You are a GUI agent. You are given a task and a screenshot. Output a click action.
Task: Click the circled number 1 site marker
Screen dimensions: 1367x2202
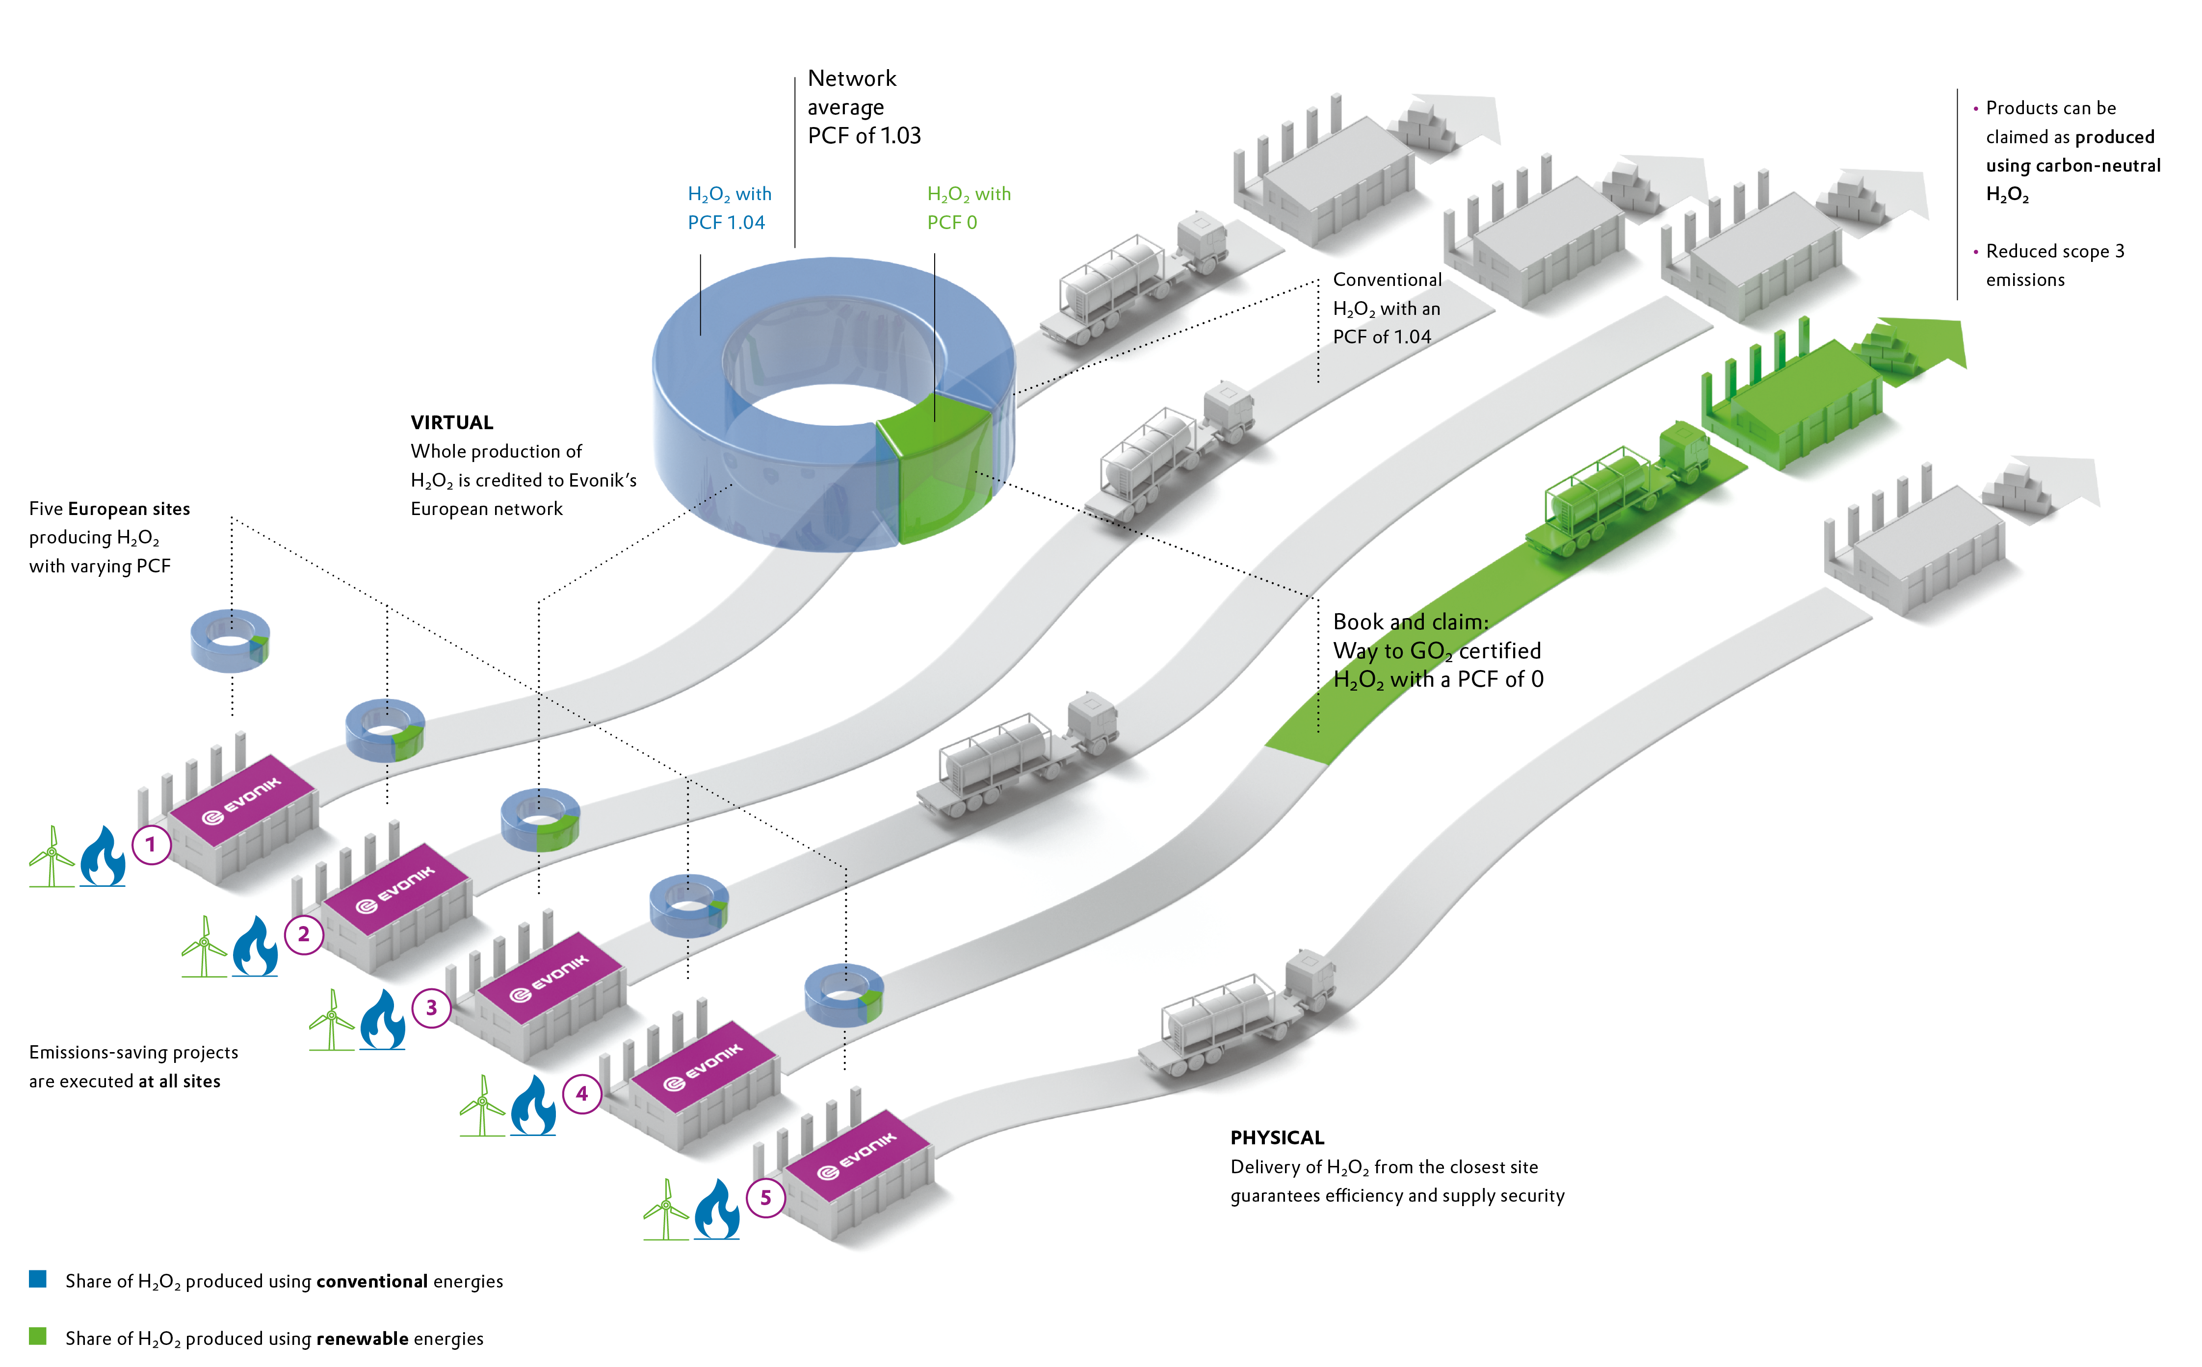(x=151, y=845)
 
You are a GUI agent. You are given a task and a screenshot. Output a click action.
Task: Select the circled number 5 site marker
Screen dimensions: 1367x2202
(x=765, y=1198)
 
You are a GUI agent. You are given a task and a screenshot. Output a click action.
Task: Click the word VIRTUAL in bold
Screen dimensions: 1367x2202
(x=452, y=422)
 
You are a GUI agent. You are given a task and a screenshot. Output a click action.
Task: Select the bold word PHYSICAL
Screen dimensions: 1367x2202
(x=1277, y=1137)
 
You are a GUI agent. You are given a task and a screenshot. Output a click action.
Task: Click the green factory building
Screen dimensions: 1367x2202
(x=1790, y=402)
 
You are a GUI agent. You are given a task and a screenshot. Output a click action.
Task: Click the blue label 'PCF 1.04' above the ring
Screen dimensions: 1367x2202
(x=726, y=222)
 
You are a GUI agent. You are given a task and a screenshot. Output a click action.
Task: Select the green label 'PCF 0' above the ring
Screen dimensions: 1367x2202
(x=951, y=222)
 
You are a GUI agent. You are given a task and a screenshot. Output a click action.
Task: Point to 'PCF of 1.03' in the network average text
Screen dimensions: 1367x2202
(x=864, y=135)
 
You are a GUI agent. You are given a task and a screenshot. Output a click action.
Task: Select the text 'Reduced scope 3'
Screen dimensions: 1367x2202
(x=2055, y=251)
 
